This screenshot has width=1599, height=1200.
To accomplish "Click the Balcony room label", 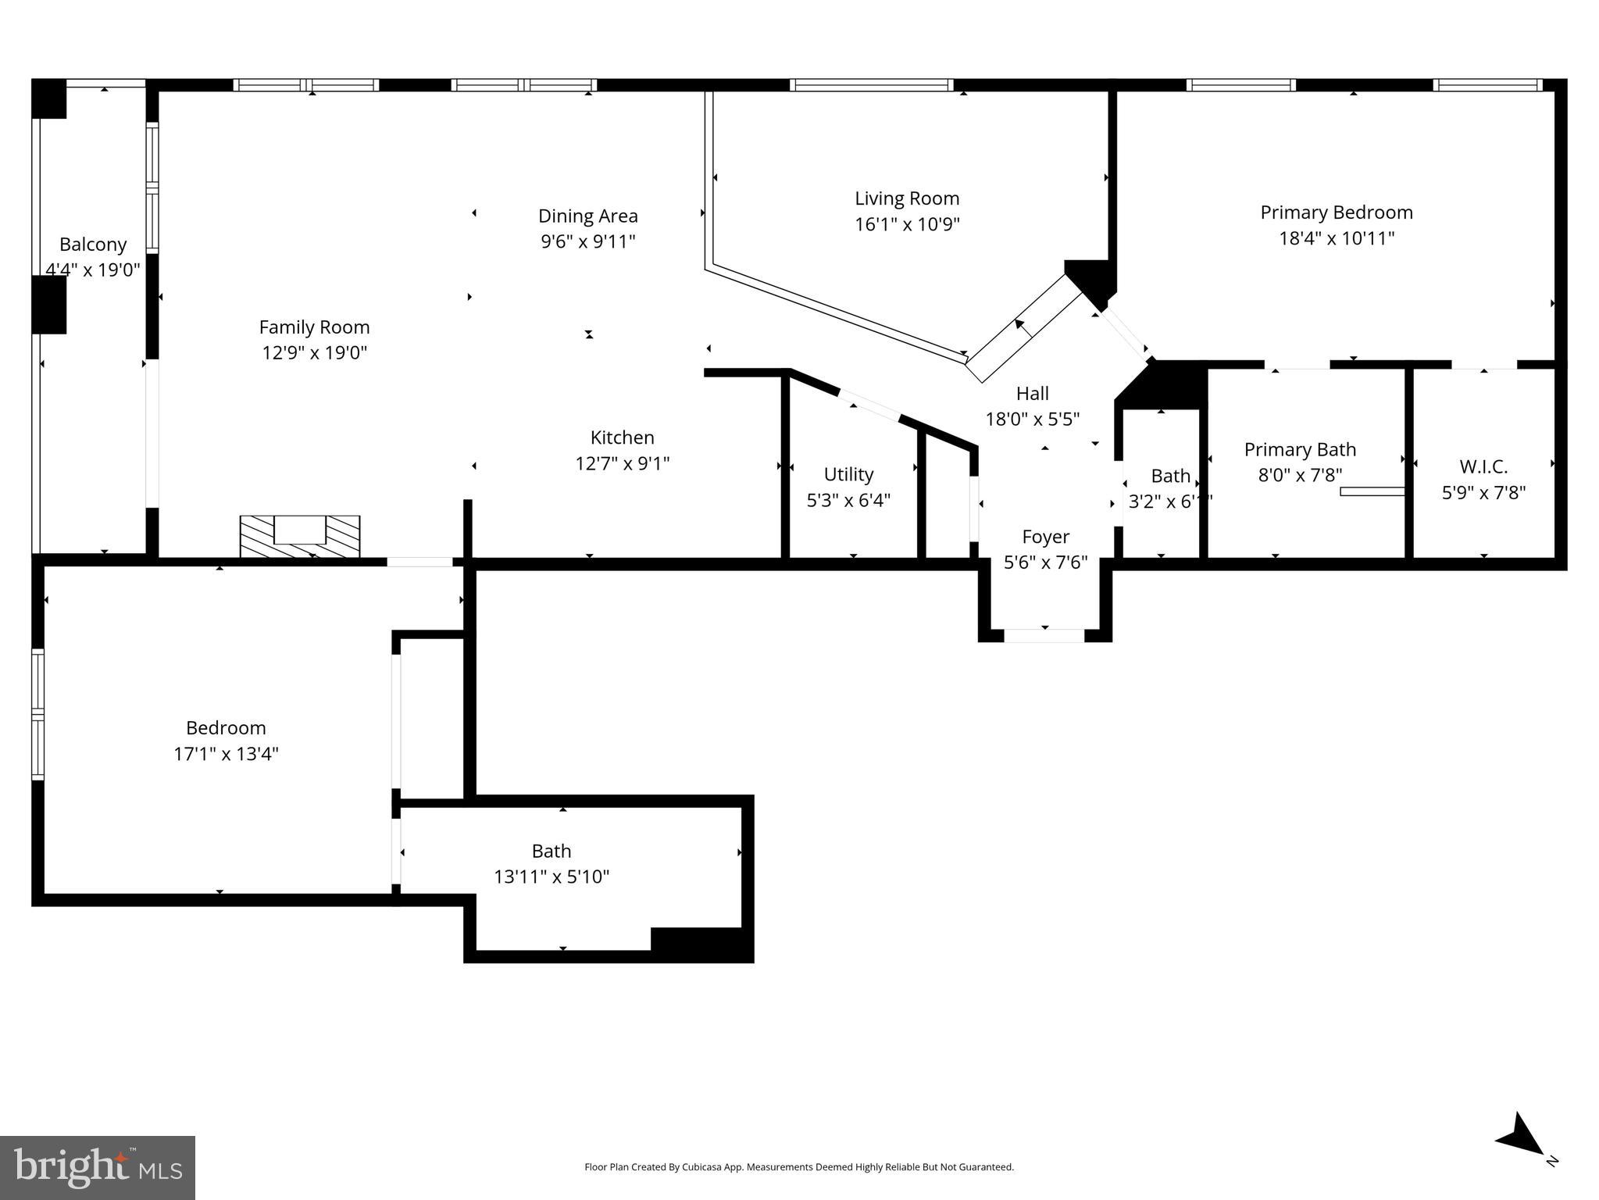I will pos(92,245).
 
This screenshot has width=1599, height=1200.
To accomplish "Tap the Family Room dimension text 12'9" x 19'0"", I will pos(314,352).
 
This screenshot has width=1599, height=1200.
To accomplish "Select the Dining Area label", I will pos(587,216).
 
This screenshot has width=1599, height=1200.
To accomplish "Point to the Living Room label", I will pos(906,198).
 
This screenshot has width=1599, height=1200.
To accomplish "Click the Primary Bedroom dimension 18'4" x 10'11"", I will pos(1336,238).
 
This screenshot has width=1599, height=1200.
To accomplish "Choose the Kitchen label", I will pos(622,437).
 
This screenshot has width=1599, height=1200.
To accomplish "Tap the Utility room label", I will pos(848,474).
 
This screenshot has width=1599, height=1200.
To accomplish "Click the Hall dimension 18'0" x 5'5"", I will pos(1032,420).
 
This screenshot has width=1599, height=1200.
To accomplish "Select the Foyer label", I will pos(1045,537).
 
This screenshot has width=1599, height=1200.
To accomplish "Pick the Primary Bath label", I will pos(1299,449).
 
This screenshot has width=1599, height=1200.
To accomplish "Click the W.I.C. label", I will pos(1483,466).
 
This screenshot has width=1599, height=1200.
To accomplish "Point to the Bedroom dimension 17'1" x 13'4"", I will pos(226,754).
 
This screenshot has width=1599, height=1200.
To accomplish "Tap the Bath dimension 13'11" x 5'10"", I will pos(551,877).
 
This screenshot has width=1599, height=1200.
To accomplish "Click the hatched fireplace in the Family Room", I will pos(299,536).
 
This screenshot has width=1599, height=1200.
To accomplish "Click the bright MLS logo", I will pos(97,1167).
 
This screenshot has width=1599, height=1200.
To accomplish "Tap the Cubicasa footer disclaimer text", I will pos(798,1167).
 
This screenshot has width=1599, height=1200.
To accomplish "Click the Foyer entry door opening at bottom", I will pos(1044,635).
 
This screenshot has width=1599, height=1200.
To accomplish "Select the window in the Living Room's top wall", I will pos(871,85).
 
